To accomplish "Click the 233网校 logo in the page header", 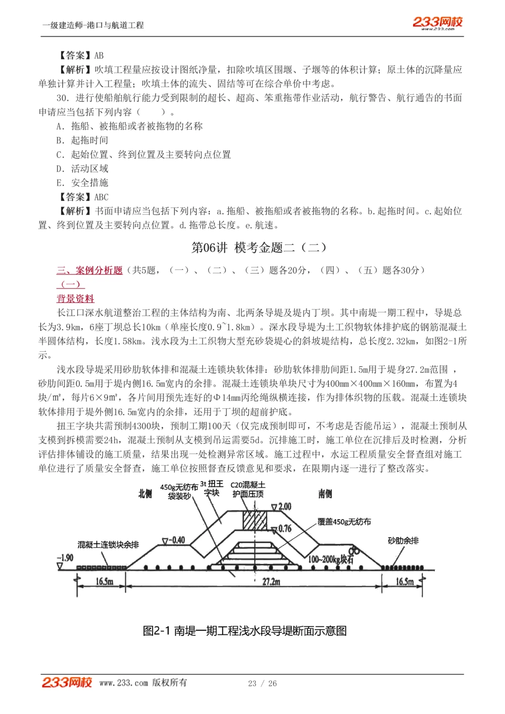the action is (x=437, y=23).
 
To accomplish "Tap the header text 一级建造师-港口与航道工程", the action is (x=93, y=25).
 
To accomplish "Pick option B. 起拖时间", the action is (x=82, y=140).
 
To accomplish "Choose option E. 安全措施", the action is (x=82, y=183).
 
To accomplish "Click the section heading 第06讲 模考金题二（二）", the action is (x=259, y=247).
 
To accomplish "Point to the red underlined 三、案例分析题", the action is (x=89, y=270).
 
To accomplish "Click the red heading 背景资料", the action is (x=75, y=298).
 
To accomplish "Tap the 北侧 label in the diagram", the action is (x=145, y=493).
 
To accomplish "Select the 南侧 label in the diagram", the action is (x=325, y=493).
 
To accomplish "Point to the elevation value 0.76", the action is (x=284, y=528).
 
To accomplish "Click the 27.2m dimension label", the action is (x=271, y=582).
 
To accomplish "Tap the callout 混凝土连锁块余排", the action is (x=108, y=544).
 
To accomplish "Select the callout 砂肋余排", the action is (x=403, y=540).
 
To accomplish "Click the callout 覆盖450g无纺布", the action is (x=344, y=522).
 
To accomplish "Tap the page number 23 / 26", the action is (x=262, y=683).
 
